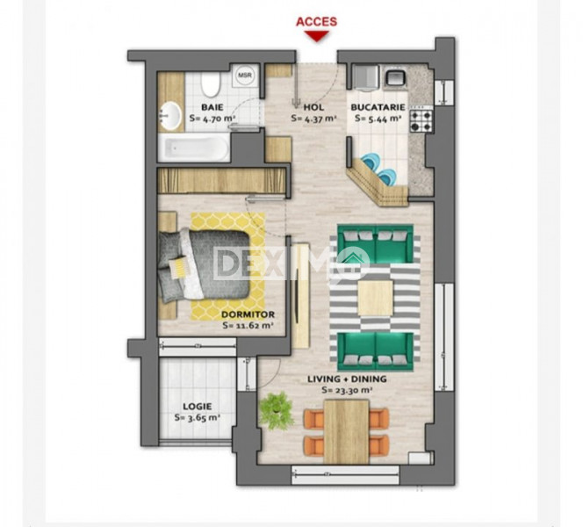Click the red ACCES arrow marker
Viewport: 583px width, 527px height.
click(x=316, y=36)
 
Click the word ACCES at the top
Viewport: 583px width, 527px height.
click(x=316, y=21)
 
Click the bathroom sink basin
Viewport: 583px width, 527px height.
click(x=170, y=114)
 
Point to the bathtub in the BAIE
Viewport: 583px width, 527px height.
click(x=194, y=147)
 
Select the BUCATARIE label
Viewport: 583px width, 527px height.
click(x=377, y=106)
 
